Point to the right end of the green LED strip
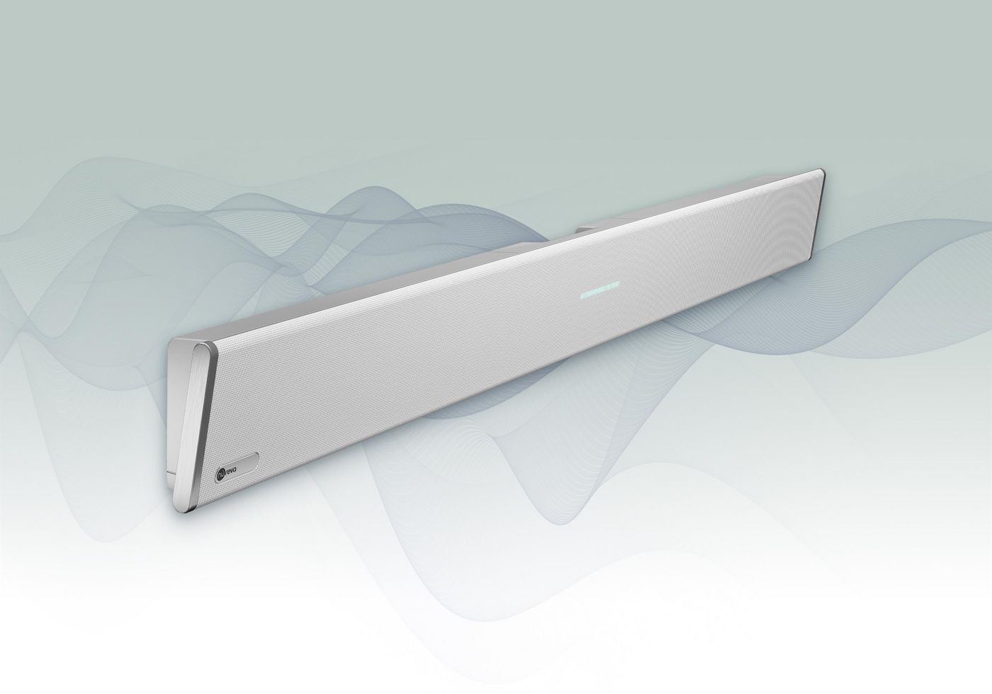tap(619, 286)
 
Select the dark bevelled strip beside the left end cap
tap(208, 425)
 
